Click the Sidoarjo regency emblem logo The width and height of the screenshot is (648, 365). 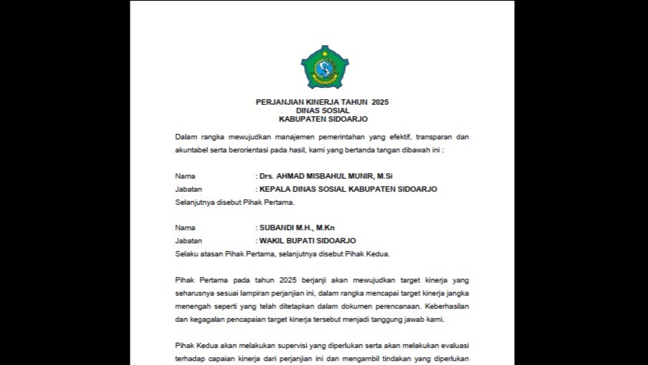(325, 67)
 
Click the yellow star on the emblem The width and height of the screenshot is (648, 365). (325, 54)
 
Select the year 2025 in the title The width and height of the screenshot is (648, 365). (380, 102)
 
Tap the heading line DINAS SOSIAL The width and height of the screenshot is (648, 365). (323, 111)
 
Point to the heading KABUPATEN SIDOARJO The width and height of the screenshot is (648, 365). (323, 119)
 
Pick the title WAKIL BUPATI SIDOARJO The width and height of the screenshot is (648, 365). (307, 241)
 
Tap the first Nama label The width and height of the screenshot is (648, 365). (185, 176)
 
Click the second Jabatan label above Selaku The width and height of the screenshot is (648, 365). (188, 241)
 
